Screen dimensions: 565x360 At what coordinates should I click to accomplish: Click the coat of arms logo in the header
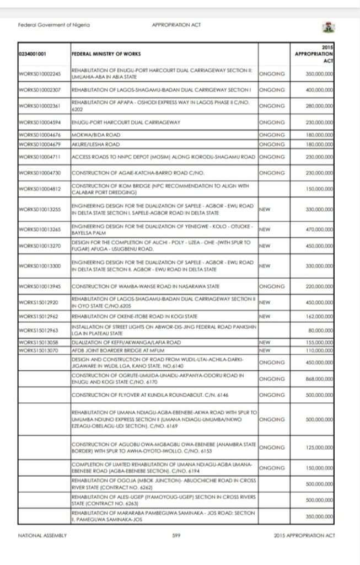(327, 26)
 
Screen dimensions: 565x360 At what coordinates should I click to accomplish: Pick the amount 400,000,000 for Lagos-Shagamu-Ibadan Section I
(317, 89)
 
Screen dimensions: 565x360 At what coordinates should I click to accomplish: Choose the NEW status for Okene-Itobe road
(264, 317)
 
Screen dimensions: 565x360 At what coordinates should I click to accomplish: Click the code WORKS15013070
(35, 350)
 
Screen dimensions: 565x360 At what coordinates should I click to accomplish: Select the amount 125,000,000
(317, 449)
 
